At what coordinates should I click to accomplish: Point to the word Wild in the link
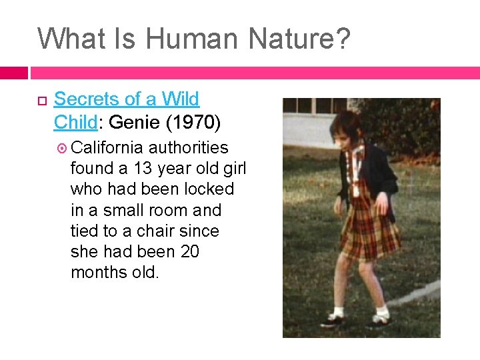(x=182, y=99)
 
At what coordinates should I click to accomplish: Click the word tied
(x=85, y=231)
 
